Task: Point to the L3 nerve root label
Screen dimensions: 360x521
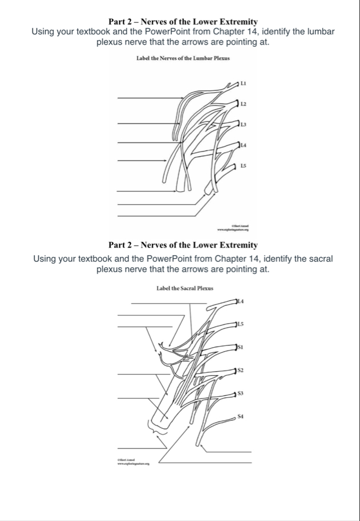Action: coord(243,124)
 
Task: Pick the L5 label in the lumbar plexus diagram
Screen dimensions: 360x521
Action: coord(243,165)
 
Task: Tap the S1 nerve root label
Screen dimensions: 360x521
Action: coord(241,347)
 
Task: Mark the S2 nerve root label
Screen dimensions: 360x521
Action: coord(241,371)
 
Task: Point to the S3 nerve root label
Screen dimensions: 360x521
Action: coord(241,393)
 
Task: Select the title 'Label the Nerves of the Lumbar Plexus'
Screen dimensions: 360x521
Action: coord(179,59)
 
